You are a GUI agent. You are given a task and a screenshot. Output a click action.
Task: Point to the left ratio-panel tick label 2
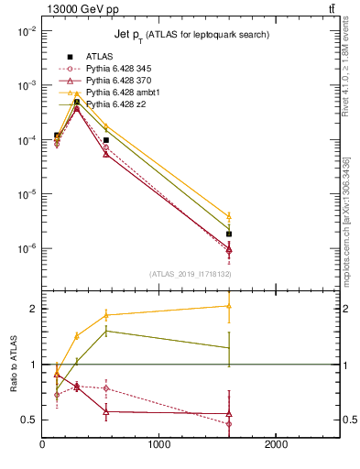point(33,309)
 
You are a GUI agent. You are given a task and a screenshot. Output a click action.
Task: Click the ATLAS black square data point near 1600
point(229,234)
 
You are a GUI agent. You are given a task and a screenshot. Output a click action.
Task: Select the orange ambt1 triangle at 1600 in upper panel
point(229,216)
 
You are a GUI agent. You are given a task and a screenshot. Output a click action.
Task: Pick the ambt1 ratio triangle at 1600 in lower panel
point(229,306)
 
